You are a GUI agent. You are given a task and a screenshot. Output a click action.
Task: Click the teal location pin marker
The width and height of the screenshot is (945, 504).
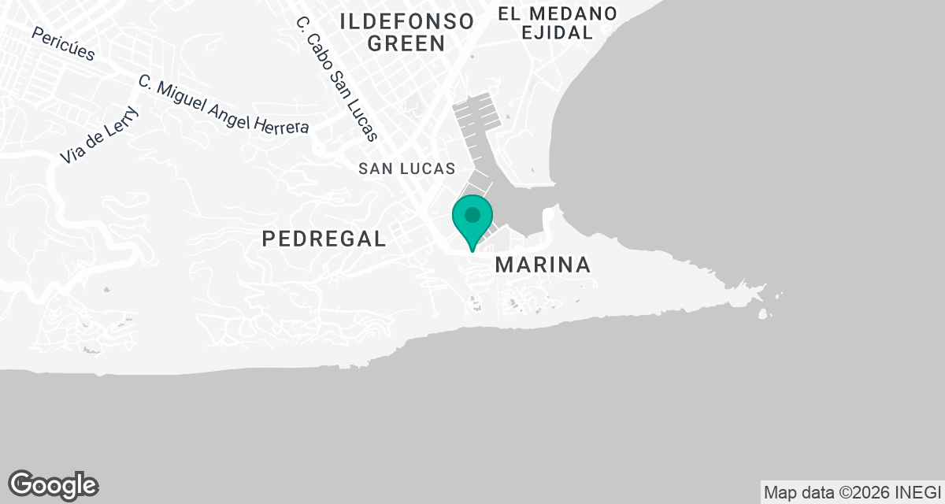[x=472, y=220]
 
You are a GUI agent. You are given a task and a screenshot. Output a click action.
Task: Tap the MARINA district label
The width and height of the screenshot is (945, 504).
[x=543, y=265]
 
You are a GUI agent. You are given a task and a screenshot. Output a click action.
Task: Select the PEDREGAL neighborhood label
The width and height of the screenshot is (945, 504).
[x=324, y=239]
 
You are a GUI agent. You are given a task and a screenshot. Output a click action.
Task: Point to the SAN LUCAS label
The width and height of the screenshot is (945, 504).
[x=406, y=169]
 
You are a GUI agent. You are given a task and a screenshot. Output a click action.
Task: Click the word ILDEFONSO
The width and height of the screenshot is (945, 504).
[x=406, y=21]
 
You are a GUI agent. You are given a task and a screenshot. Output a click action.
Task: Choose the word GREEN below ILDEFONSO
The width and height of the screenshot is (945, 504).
[x=406, y=44]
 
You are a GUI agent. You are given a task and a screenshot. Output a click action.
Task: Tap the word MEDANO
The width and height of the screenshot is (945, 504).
[x=573, y=13]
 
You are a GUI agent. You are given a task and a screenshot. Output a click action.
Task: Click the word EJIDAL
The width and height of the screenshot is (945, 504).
[x=556, y=33]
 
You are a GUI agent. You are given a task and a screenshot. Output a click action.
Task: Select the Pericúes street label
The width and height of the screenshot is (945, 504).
[x=64, y=44]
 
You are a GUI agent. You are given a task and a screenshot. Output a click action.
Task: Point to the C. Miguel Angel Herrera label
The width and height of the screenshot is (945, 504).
[x=223, y=105]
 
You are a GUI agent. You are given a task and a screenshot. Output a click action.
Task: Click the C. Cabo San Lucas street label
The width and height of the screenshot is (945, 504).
[x=337, y=79]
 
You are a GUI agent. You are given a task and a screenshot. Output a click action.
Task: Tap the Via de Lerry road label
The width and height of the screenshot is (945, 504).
[x=99, y=135]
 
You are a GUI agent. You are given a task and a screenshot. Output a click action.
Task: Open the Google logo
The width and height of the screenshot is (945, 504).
[x=53, y=484]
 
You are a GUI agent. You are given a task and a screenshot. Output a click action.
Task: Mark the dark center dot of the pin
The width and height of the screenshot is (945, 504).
[x=472, y=214]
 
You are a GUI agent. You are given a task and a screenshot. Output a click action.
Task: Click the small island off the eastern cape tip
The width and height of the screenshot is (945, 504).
[x=762, y=314]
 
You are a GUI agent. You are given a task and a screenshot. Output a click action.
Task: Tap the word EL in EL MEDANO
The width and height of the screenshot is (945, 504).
[x=510, y=13]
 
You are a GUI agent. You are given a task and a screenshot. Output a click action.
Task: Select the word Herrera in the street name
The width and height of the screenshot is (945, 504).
[x=281, y=124]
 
